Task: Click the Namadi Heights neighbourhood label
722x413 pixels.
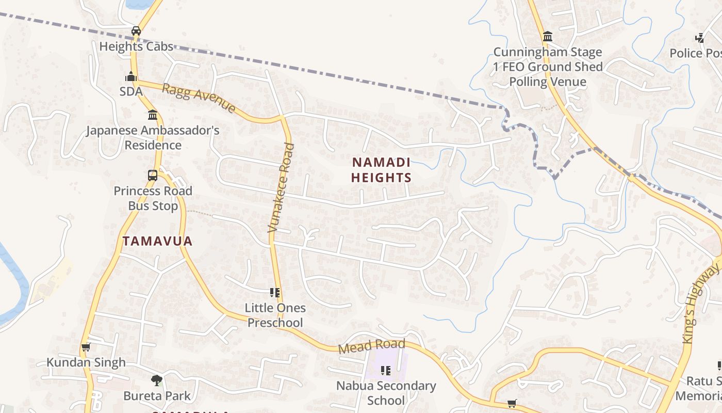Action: [381, 170]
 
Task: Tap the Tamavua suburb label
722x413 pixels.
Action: [157, 241]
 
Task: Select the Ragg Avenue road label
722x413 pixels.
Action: [199, 98]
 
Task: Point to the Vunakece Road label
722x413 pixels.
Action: [282, 187]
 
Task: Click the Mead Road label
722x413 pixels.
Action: [372, 346]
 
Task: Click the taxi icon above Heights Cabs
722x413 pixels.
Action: [136, 31]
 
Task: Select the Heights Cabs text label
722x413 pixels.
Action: [136, 46]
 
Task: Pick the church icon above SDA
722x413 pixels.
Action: [130, 77]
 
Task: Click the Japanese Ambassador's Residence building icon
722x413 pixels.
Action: [152, 115]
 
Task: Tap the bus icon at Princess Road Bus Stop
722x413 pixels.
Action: [153, 175]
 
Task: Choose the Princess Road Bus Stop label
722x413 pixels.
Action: [153, 198]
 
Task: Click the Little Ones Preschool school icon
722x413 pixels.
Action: [275, 293]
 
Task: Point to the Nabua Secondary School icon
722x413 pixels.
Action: [386, 370]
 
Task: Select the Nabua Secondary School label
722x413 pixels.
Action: [386, 393]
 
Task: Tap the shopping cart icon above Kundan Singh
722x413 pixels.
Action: [86, 347]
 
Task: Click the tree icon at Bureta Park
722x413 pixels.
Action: [157, 381]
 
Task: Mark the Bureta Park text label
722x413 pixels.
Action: [157, 396]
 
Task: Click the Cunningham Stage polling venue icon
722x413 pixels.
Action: [548, 37]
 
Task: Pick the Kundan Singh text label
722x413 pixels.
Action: [86, 362]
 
